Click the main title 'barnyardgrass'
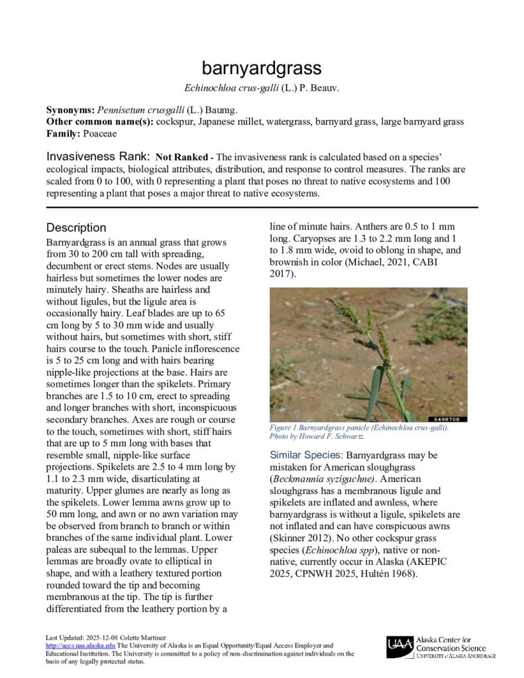coord(262,68)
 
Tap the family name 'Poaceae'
coord(99,134)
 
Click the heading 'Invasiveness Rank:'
coord(97,158)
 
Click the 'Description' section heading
coord(76,228)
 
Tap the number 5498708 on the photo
coord(450,419)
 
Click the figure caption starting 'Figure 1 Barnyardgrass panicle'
coord(358,428)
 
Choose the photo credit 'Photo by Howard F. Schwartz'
coord(317,437)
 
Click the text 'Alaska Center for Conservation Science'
coord(450,644)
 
